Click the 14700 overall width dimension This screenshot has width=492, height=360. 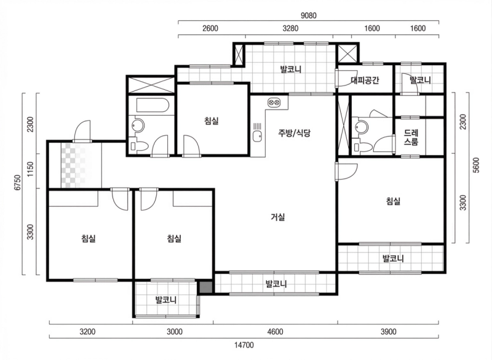click(x=244, y=345)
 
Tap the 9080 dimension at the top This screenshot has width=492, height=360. click(x=309, y=15)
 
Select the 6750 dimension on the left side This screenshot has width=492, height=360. click(x=18, y=182)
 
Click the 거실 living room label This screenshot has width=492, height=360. click(x=278, y=217)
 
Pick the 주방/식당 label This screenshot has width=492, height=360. click(x=294, y=133)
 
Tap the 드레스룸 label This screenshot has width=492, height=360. click(x=411, y=138)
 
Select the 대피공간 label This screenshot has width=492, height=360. click(x=365, y=81)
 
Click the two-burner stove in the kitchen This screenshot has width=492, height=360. click(x=274, y=102)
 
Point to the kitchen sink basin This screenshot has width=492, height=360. click(x=257, y=137)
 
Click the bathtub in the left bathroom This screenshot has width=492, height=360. click(x=153, y=105)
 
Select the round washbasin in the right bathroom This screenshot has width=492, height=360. click(x=359, y=127)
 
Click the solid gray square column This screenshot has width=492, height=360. click(x=206, y=288)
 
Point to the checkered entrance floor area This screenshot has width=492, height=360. click(x=81, y=166)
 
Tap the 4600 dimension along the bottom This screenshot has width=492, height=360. click(x=275, y=332)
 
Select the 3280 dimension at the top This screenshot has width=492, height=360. click(x=290, y=28)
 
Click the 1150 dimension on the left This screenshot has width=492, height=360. click(x=30, y=169)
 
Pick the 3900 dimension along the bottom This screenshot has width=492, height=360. click(x=388, y=332)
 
